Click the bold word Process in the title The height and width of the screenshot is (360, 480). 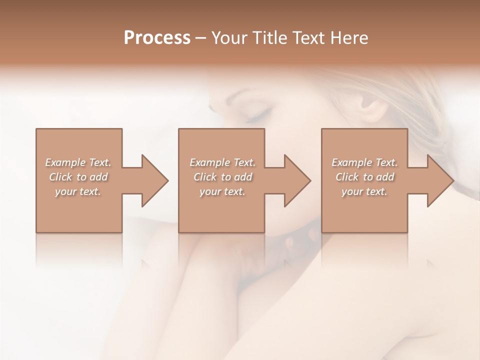pos(157,37)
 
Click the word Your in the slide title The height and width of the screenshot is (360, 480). pos(229,37)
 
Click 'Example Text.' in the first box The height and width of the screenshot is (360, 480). pos(78,162)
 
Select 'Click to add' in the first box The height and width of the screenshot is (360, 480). pos(78,177)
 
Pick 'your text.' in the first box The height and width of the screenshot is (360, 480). pos(78,191)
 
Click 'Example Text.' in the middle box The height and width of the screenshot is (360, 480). pos(222,162)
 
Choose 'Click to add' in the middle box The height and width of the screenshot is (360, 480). pos(222,177)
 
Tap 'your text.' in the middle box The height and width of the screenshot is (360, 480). pos(222,191)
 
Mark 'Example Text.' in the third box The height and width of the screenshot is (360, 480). pos(364,162)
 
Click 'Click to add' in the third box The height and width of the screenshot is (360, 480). pos(364,177)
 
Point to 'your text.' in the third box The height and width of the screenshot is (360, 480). pos(364,191)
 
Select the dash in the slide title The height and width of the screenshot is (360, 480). pos(201,38)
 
